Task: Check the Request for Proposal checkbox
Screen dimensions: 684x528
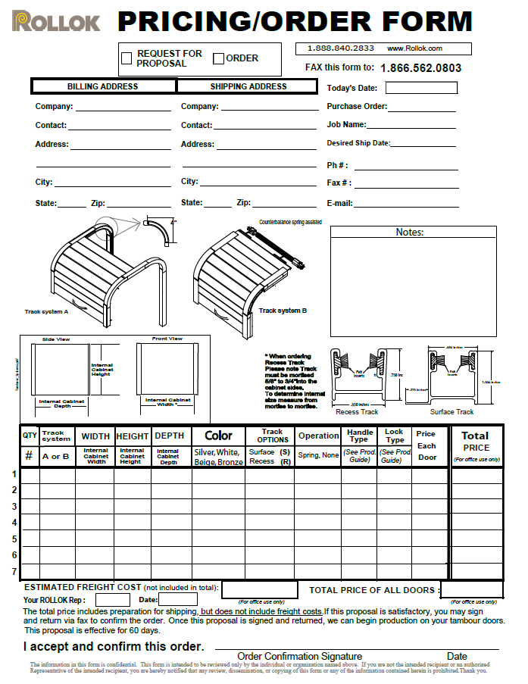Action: click(128, 57)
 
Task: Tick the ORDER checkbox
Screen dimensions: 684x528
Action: click(218, 58)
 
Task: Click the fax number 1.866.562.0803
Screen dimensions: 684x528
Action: click(420, 68)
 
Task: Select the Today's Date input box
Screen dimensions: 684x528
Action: click(421, 88)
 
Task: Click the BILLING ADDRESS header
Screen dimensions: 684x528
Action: click(103, 86)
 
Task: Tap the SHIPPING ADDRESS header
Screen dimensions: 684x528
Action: click(248, 86)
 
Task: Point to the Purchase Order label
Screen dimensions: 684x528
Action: click(357, 107)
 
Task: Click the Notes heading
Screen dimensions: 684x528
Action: click(410, 232)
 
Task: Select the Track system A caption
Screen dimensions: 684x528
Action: click(47, 311)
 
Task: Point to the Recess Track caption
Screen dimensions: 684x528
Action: click(357, 412)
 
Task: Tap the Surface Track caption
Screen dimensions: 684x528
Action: click(451, 412)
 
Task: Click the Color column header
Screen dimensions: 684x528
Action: click(218, 436)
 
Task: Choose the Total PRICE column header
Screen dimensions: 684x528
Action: click(475, 441)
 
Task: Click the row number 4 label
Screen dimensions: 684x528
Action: click(14, 523)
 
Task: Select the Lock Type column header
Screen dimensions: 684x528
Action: click(395, 436)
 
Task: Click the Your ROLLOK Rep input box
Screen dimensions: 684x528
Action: click(112, 600)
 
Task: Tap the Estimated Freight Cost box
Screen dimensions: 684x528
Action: click(259, 589)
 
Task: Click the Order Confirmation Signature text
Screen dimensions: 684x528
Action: click(299, 656)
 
